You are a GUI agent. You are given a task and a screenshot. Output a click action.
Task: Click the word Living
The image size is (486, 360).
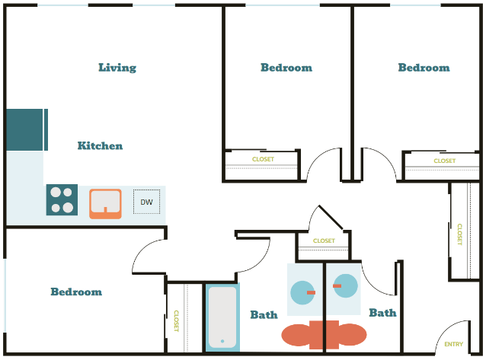point(117,68)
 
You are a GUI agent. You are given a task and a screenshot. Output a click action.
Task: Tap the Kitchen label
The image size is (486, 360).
point(100,145)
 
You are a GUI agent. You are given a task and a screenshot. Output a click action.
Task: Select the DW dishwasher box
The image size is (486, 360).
point(147,202)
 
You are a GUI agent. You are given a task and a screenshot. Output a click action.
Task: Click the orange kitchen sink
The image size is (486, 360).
point(105,202)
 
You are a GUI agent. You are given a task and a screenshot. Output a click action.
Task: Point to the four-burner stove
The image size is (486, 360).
point(62,199)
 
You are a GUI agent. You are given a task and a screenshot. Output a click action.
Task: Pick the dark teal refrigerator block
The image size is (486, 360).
point(25,129)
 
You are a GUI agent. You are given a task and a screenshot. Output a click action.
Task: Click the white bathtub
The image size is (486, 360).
point(222,317)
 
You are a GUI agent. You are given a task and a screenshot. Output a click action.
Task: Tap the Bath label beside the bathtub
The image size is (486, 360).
point(264,314)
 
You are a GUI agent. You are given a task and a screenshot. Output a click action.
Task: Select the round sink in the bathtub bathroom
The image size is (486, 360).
point(303,293)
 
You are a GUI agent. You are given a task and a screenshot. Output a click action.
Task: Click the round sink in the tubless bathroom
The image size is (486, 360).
point(344,286)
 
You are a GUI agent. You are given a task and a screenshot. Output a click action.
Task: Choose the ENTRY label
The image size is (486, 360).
point(454,345)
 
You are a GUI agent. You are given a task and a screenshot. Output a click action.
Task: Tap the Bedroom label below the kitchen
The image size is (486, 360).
point(76,292)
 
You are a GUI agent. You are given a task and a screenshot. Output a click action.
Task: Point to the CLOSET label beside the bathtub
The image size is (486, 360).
point(176,320)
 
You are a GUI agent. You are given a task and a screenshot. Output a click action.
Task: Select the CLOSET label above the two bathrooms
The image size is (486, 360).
point(324,241)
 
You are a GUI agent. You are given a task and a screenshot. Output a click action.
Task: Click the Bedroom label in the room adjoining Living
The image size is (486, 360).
point(286,68)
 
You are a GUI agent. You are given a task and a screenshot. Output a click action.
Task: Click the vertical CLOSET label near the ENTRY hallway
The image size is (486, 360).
point(459,234)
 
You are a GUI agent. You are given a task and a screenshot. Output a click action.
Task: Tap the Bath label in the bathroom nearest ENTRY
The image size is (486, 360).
point(382,312)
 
